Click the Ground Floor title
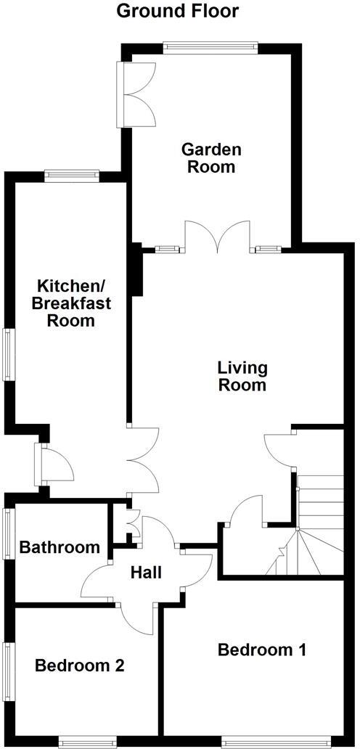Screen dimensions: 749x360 (177, 11)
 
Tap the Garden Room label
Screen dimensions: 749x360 (211, 157)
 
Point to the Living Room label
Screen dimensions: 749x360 (242, 376)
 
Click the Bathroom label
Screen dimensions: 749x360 (60, 547)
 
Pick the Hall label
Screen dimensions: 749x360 (146, 572)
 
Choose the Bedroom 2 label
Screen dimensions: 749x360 (80, 665)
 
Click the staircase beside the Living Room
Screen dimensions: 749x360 (312, 523)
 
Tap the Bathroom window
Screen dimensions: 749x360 (9, 533)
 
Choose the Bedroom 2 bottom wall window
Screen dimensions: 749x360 (87, 742)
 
